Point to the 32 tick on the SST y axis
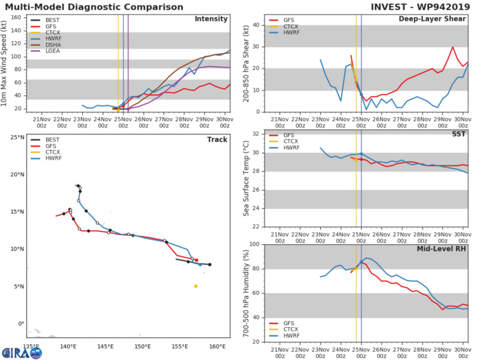(x=256, y=134)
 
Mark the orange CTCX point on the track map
(x=195, y=286)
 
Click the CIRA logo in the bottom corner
(x=21, y=352)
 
